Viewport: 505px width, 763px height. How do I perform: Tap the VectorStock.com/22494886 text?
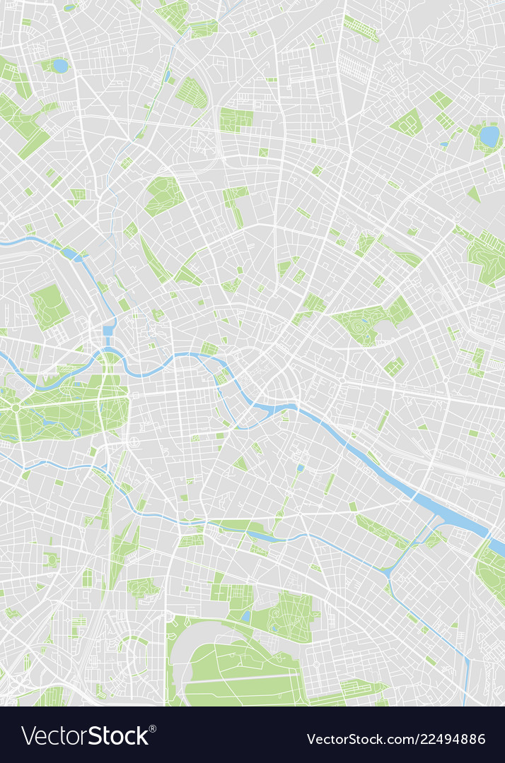pyautogui.click(x=396, y=739)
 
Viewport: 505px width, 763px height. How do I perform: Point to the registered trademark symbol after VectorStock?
pyautogui.click(x=153, y=728)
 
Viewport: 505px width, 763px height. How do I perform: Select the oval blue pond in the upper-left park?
pyautogui.click(x=60, y=66)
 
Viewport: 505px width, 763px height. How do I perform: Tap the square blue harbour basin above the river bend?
pyautogui.click(x=108, y=330)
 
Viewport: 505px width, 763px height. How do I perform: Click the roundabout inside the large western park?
pyautogui.click(x=15, y=408)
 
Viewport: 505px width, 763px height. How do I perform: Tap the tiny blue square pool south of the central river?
pyautogui.click(x=301, y=468)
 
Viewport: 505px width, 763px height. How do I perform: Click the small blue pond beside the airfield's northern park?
pyautogui.click(x=246, y=616)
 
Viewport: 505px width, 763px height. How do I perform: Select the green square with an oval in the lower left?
pyautogui.click(x=51, y=560)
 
